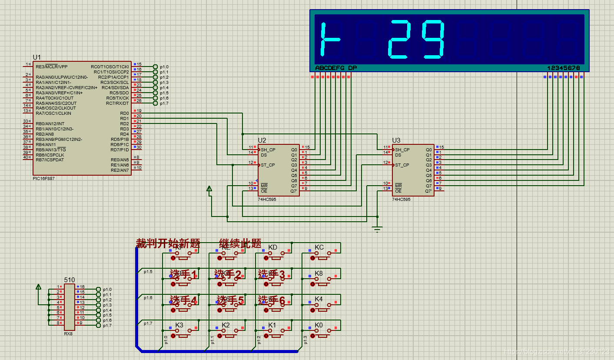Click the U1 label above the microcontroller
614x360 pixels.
[x=37, y=57]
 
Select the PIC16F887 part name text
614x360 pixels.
[x=44, y=178]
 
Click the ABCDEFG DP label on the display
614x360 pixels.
[x=336, y=68]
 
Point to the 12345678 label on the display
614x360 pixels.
[x=564, y=68]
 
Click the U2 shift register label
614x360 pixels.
[x=262, y=140]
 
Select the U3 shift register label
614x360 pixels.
[x=396, y=140]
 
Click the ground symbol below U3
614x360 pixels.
[x=377, y=228]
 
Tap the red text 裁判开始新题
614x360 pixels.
[x=168, y=243]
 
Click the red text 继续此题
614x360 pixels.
[x=240, y=243]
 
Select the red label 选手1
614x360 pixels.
[x=183, y=274]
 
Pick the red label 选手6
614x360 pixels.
[x=272, y=300]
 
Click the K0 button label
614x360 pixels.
[x=319, y=325]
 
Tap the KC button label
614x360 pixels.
[x=319, y=247]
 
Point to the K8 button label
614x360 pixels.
[x=319, y=273]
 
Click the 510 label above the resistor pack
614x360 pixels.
[x=69, y=280]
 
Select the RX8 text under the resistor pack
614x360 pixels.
[x=68, y=334]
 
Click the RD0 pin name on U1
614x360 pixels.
[x=124, y=113]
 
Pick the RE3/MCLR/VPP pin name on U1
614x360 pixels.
[x=52, y=67]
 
